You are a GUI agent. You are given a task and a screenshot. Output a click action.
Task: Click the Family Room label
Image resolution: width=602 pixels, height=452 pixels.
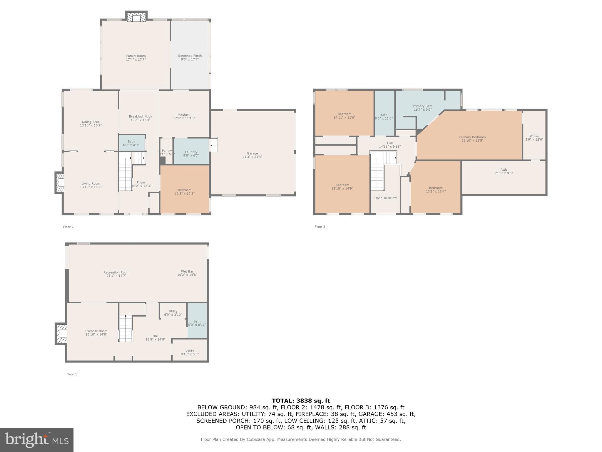click(x=136, y=56)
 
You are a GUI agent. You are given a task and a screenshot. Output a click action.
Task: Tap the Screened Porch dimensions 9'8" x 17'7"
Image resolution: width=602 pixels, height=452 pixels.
click(x=190, y=59)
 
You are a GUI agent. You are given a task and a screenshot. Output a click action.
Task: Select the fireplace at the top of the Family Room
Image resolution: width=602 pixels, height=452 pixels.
click(x=136, y=17)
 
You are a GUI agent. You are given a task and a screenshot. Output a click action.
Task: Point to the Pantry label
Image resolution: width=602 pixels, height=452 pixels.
click(x=167, y=151)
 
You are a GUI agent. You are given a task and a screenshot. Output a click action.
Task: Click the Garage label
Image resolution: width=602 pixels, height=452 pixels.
click(x=252, y=153)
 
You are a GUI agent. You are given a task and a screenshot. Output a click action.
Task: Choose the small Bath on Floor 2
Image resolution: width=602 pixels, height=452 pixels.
click(x=131, y=143)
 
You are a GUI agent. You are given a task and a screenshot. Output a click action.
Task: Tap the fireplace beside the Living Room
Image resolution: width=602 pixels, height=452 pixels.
click(x=60, y=182)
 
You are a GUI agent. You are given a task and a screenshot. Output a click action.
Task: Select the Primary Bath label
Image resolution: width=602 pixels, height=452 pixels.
click(x=422, y=106)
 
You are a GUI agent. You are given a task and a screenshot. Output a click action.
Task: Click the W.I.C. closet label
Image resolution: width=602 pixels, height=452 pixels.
click(x=534, y=136)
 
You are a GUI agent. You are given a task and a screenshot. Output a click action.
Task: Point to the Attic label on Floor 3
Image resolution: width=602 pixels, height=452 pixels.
click(x=504, y=169)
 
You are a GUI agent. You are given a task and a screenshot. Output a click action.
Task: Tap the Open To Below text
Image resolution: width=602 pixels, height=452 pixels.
click(x=385, y=198)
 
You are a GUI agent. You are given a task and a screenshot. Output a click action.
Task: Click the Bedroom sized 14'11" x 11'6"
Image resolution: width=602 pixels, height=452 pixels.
click(x=344, y=116)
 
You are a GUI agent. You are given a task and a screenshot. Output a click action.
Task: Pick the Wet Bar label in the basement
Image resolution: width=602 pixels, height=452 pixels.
click(x=187, y=272)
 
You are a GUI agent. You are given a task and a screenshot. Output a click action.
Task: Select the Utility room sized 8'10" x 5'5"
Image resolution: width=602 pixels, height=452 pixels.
click(x=190, y=352)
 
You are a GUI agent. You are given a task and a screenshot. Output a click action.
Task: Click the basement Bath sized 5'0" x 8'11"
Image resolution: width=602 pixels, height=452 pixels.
click(x=197, y=323)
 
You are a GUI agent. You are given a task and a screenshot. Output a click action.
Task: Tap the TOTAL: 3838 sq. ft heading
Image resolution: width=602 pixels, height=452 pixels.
click(x=301, y=401)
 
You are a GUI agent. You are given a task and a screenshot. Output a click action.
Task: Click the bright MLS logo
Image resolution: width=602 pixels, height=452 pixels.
click(x=37, y=440)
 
